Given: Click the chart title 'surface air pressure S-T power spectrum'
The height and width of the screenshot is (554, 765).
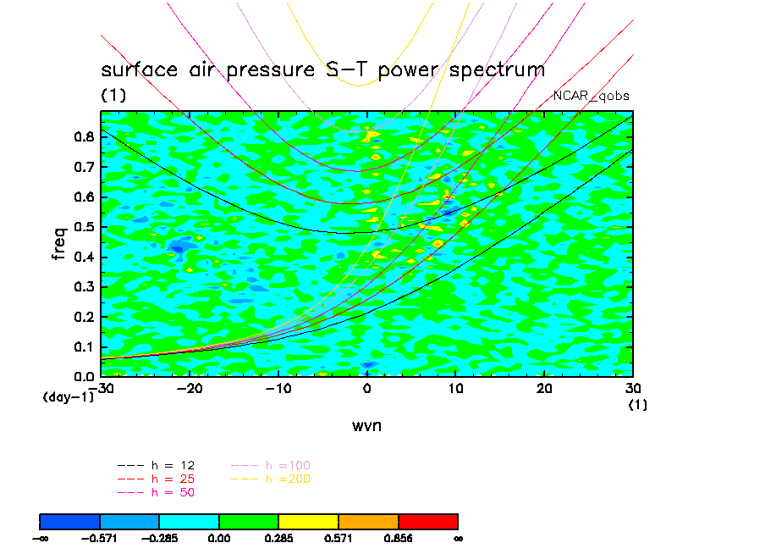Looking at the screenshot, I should click(x=322, y=70).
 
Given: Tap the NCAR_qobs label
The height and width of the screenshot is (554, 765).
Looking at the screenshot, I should click(x=591, y=96).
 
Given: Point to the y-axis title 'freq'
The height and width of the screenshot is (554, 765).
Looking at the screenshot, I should click(x=59, y=241).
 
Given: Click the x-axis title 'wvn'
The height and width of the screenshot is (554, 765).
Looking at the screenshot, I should click(x=366, y=425).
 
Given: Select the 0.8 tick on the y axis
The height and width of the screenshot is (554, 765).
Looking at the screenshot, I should click(x=83, y=137).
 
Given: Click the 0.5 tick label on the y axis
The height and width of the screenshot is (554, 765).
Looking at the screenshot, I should click(x=83, y=227).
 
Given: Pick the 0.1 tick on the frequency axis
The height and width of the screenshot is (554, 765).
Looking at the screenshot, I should click(x=83, y=346).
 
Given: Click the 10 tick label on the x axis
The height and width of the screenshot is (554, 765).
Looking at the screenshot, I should click(x=455, y=388).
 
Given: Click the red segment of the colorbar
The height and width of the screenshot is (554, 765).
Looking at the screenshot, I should click(x=427, y=520).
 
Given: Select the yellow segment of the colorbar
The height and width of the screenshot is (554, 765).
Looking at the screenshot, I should click(x=308, y=520).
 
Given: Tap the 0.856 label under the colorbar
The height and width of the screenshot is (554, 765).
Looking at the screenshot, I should click(x=398, y=537).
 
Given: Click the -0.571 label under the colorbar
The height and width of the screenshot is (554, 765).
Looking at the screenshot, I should click(x=100, y=537).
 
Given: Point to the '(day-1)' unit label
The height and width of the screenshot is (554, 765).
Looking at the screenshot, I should click(x=69, y=396).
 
